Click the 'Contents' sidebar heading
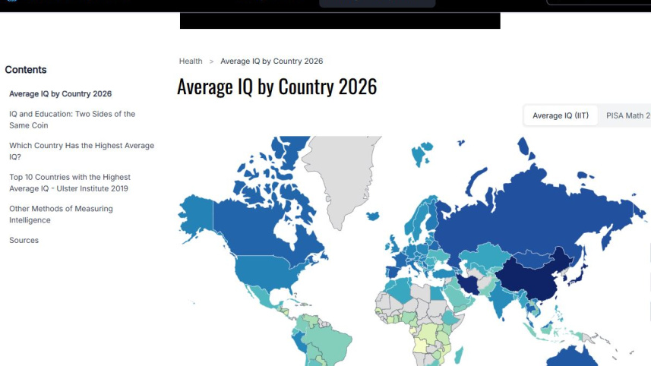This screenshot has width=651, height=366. (x=26, y=70)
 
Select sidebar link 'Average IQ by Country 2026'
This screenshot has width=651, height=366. (x=60, y=94)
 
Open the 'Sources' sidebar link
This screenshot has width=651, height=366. (x=24, y=240)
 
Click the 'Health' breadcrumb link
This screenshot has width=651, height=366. (x=191, y=62)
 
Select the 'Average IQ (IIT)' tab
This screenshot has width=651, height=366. (x=560, y=115)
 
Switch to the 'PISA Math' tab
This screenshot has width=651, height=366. (x=627, y=115)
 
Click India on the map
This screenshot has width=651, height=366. (x=497, y=300)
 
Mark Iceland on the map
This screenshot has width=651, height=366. (x=372, y=216)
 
